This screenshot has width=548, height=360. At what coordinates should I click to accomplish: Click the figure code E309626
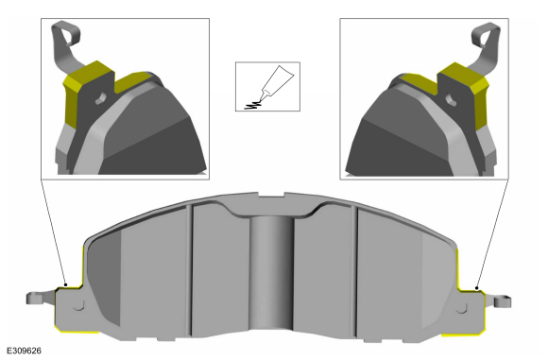point(25,351)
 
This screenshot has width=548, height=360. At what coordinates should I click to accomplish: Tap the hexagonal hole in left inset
point(101,98)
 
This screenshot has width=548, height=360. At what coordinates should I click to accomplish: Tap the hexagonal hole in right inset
point(451,99)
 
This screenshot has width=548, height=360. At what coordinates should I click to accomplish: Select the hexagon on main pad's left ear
point(79,305)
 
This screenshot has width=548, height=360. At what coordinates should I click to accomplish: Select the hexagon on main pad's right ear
point(462,308)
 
